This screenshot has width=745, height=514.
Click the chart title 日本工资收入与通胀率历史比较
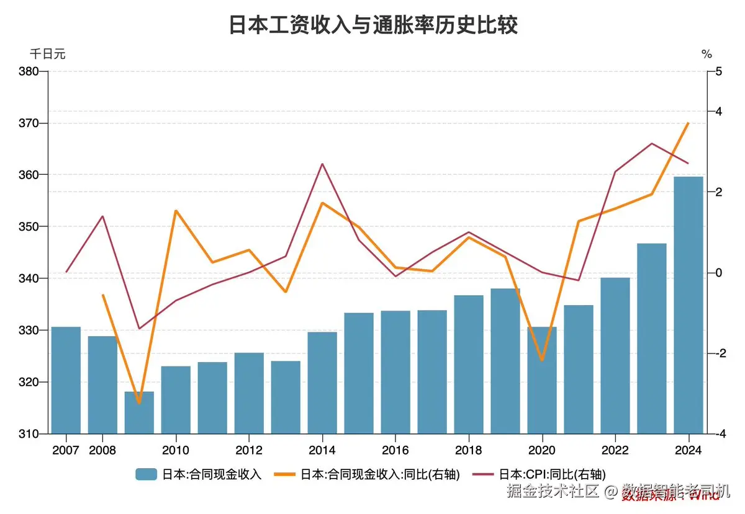[373, 25]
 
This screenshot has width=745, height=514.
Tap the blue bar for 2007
[66, 380]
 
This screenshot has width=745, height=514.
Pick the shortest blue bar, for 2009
[139, 412]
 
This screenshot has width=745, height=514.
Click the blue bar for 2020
[542, 380]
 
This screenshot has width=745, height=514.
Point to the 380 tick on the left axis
[30, 71]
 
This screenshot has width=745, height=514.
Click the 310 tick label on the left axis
[30, 434]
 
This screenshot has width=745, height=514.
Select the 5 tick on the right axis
[718, 71]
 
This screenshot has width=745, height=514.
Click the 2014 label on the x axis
[322, 450]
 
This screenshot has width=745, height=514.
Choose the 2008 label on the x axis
[102, 450]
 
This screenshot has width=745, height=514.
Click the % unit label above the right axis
[707, 54]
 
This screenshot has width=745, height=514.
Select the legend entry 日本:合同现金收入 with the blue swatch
[199, 475]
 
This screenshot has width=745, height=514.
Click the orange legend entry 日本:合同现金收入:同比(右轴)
[371, 475]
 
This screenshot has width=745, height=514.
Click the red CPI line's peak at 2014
[322, 164]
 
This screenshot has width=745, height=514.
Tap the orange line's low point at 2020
[542, 360]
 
